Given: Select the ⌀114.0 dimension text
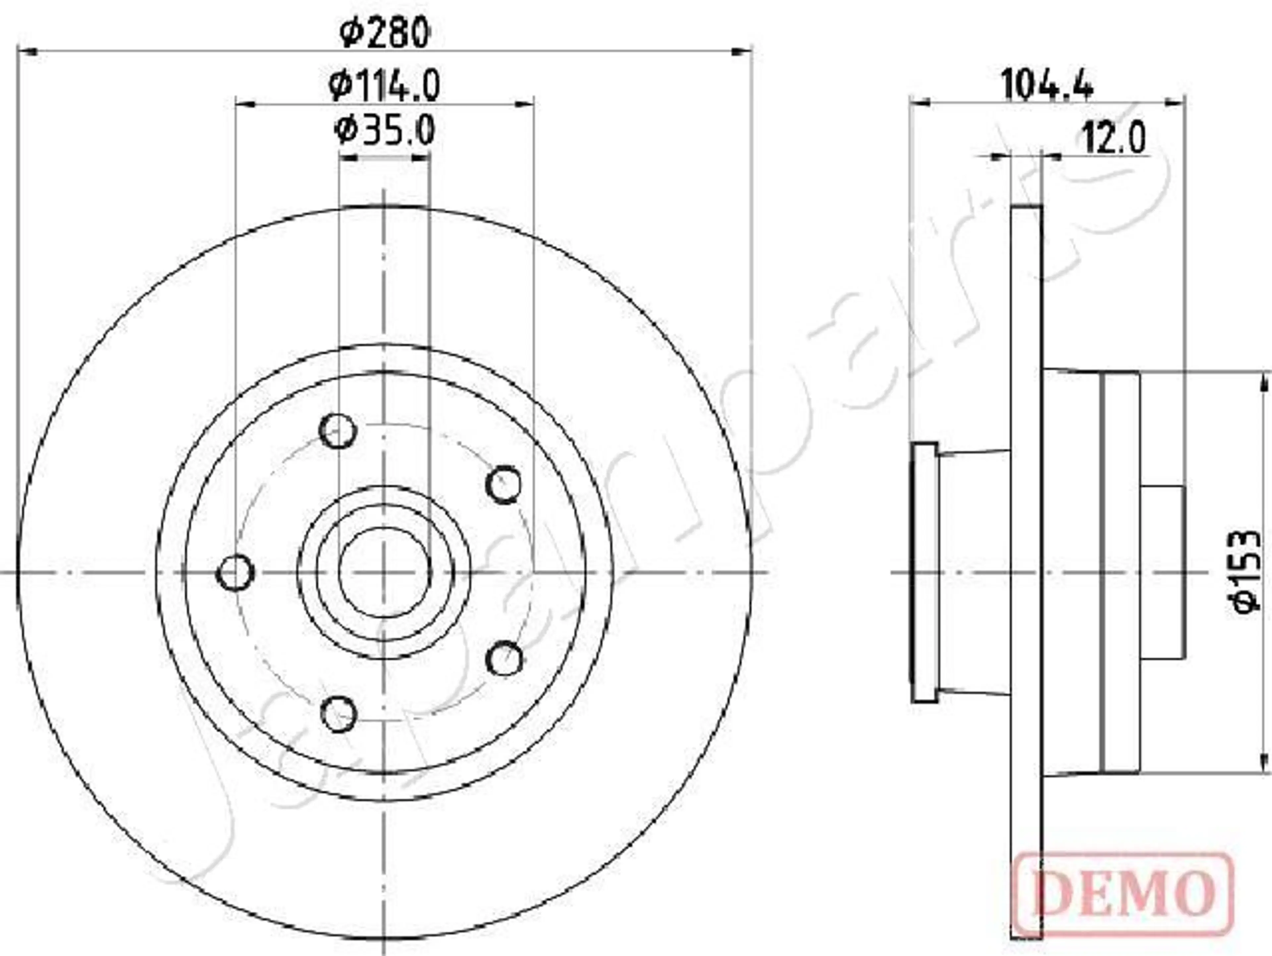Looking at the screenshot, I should (384, 85).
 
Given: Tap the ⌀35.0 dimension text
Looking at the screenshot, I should (384, 131).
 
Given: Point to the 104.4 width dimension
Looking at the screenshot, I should (1046, 85).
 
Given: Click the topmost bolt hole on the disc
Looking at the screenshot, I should (338, 431).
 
